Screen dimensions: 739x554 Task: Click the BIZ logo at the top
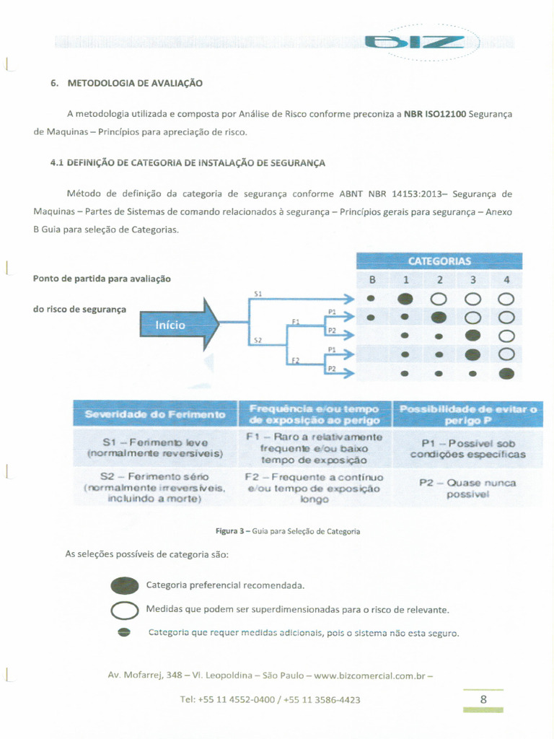[x=414, y=43]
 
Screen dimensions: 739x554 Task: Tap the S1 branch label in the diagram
[x=258, y=294]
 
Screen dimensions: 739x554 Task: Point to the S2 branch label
[x=258, y=339]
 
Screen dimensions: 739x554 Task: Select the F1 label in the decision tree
[x=295, y=321]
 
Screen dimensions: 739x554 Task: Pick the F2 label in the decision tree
[x=295, y=360]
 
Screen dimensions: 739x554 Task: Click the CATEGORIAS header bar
[x=439, y=261]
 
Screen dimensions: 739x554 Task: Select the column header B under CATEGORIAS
[x=371, y=280]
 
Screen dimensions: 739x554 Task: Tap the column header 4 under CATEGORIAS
[x=506, y=280]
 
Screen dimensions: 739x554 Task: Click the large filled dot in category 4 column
[x=506, y=373]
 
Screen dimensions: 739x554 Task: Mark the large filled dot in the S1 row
[x=405, y=298]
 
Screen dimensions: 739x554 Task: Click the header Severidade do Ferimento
[x=155, y=414]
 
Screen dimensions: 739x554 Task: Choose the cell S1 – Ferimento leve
[x=155, y=447]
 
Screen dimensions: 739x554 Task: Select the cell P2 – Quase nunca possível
[x=467, y=489]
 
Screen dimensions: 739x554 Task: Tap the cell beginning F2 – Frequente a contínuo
[x=315, y=488]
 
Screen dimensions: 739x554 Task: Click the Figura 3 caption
[x=288, y=531]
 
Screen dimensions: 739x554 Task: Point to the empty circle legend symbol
[x=124, y=611]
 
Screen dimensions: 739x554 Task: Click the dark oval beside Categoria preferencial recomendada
[x=124, y=585]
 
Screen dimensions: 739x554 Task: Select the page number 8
[x=483, y=699]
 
